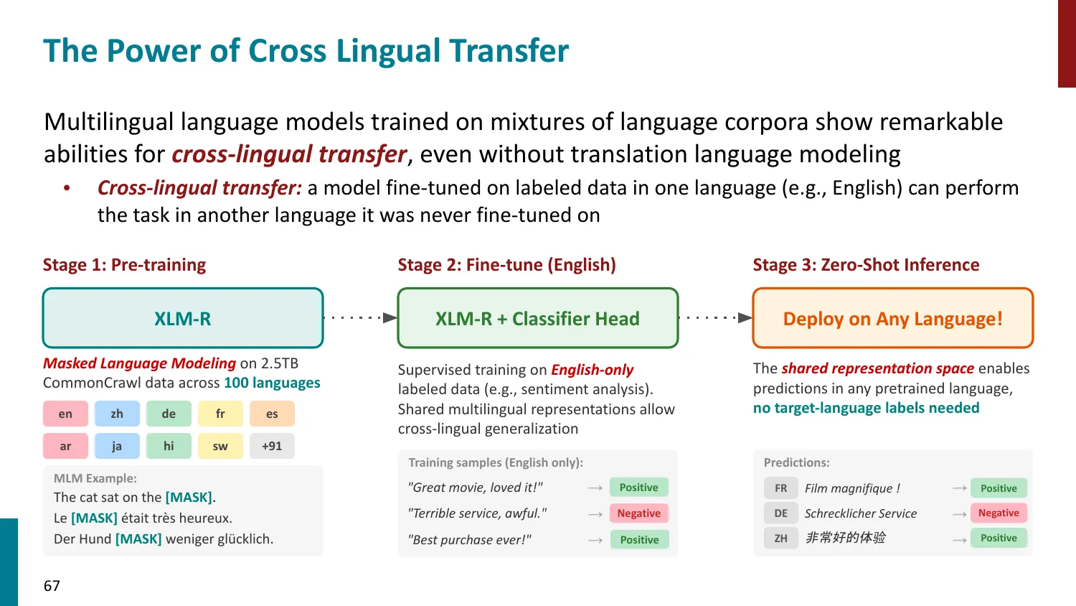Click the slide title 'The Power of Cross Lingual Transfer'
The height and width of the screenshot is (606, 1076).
306,51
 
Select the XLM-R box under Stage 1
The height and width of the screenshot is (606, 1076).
183,319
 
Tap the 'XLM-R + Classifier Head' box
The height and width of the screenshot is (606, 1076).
537,319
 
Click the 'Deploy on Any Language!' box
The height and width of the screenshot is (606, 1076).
892,319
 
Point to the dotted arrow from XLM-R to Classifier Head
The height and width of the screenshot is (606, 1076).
359,317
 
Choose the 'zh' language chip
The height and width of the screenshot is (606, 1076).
117,414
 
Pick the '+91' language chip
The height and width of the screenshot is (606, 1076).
272,446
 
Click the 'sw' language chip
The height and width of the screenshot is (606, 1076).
220,446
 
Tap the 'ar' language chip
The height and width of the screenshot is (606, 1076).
65,446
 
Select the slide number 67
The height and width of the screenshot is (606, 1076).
52,586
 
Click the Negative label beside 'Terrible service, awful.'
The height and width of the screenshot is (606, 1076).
638,513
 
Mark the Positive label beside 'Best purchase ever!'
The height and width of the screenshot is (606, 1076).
639,540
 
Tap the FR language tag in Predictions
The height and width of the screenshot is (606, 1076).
780,488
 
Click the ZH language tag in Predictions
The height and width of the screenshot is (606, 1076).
780,538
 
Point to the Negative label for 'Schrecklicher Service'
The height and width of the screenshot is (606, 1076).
999,513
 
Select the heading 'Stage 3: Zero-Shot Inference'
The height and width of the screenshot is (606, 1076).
866,265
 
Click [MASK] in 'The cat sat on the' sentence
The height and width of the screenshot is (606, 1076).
189,497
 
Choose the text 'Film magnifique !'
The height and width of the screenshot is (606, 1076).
852,488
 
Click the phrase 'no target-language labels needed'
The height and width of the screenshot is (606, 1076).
866,408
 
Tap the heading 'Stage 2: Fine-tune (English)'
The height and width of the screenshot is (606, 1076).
506,265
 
